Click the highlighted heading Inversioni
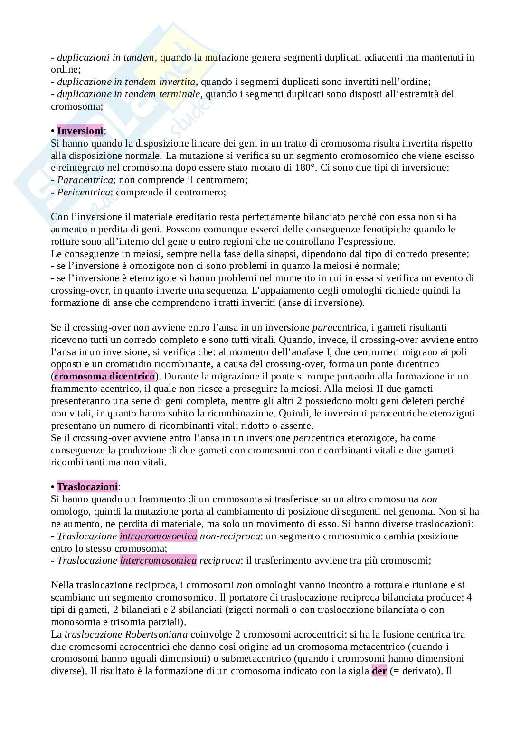point(80,130)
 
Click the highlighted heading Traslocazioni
point(87,487)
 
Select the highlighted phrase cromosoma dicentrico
point(104,376)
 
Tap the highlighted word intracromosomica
point(158,536)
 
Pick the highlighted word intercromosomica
point(158,560)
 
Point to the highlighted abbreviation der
point(379,671)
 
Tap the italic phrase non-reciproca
point(230,536)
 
